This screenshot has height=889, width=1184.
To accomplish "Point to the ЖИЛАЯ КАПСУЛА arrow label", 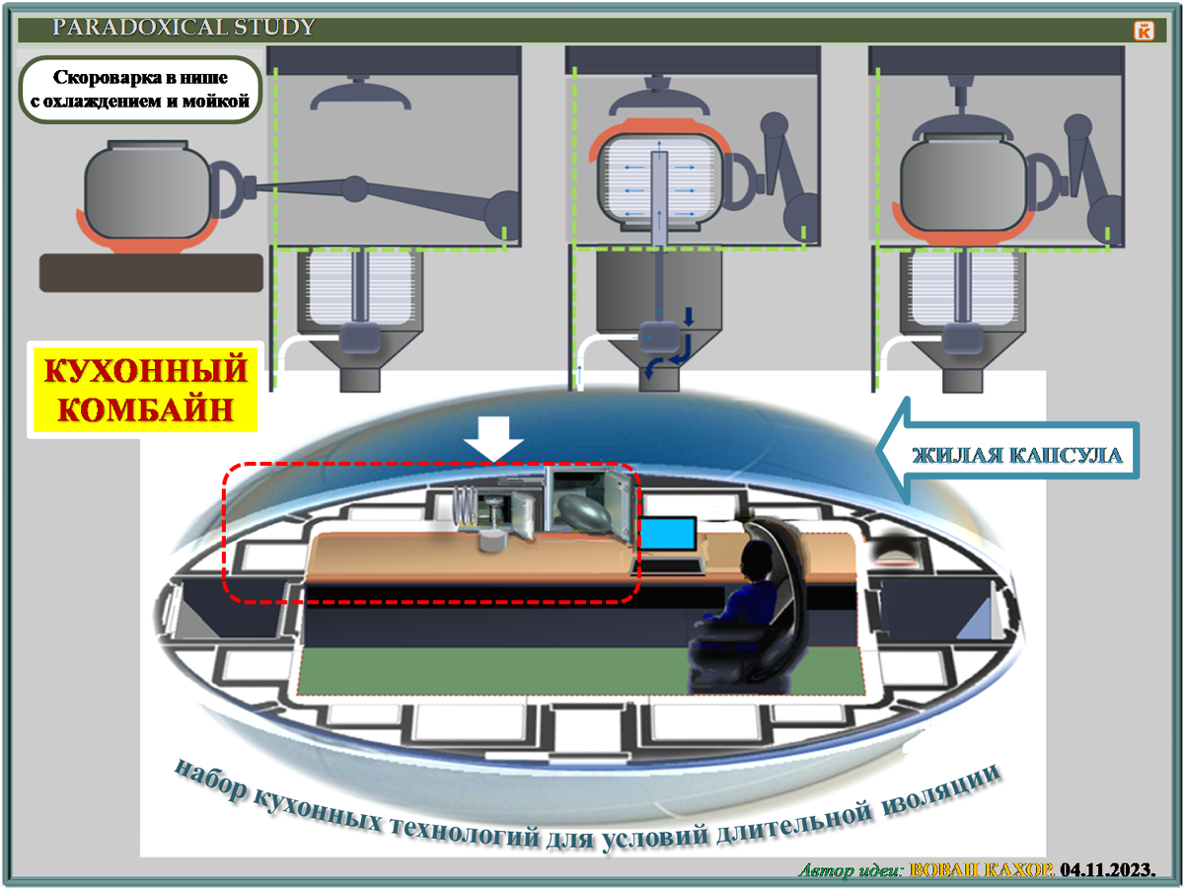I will click(x=1016, y=456).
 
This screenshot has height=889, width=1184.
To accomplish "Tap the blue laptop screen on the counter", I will click(x=668, y=535).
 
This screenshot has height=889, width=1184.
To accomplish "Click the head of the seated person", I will click(x=759, y=564).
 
